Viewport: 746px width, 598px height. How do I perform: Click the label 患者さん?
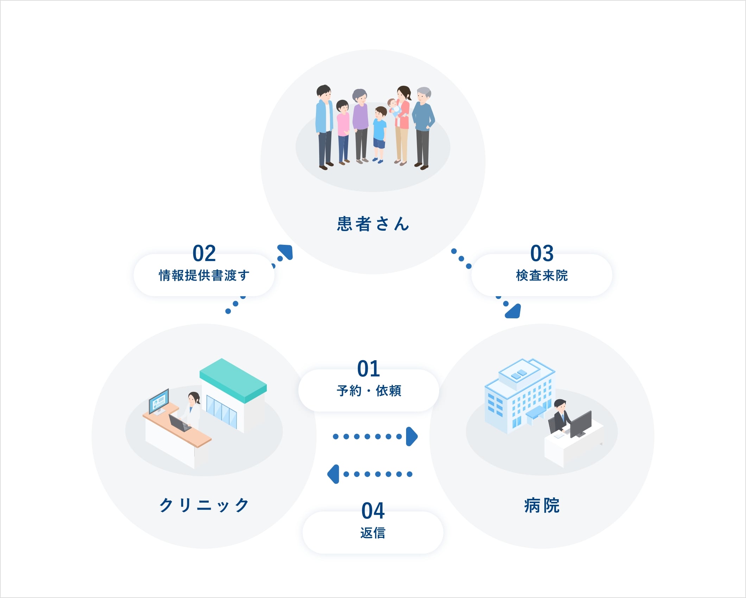pos(373,224)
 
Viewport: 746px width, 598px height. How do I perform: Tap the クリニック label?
pos(204,505)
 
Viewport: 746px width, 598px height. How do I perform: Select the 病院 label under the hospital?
pos(542,505)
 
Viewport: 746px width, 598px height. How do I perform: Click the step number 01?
pos(368,369)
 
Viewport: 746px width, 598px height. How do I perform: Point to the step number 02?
pos(204,253)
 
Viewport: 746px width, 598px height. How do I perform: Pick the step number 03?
pos(542,253)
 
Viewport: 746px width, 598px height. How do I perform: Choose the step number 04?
pos(373,511)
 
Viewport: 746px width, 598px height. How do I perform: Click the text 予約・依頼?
pos(369,391)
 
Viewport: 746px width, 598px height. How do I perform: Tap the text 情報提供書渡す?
pos(204,275)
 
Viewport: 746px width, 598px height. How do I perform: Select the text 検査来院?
pos(542,275)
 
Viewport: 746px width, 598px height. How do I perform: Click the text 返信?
pos(373,533)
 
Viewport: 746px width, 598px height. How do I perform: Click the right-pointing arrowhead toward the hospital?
pos(411,437)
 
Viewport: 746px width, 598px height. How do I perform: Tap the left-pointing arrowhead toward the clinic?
pos(334,474)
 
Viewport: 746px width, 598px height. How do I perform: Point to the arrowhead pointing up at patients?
pos(286,251)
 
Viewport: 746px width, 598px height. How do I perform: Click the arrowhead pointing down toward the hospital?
pos(514,312)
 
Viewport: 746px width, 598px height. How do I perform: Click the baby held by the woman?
pos(394,107)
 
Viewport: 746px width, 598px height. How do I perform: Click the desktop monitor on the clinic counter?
pos(159,401)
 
